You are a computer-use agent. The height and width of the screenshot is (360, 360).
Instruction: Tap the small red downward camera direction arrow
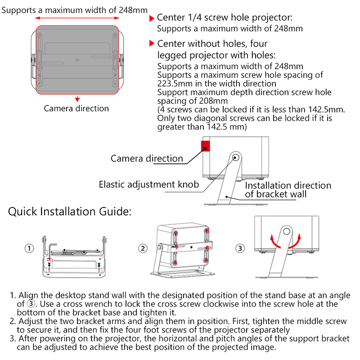77,98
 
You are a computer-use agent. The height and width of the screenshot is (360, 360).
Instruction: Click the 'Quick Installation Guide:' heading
70,211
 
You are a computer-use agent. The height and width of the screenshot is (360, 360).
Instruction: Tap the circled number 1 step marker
29,248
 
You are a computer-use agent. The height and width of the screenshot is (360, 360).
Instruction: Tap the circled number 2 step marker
143,248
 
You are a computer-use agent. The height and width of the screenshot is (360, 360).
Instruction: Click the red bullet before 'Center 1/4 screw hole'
152,19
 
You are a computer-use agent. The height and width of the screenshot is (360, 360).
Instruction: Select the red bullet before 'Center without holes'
152,44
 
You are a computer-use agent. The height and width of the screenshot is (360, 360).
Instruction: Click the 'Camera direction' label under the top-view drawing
76,108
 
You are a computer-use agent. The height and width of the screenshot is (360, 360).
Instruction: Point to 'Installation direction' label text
288,185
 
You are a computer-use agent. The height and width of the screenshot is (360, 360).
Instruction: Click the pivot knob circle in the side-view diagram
235,157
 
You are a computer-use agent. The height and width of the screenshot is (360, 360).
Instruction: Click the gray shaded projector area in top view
77,58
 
